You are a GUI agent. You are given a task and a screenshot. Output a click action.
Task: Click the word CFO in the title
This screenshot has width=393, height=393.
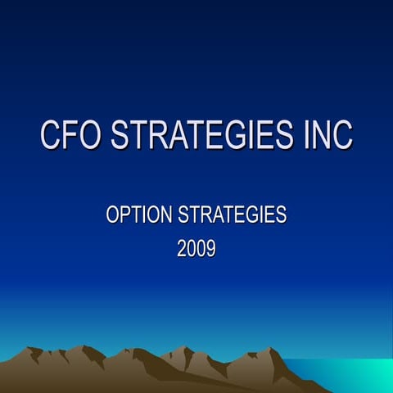(71, 136)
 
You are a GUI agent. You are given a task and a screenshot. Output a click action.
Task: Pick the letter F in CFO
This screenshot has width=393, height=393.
(71, 136)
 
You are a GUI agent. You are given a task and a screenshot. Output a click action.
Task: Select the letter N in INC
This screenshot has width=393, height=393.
(321, 136)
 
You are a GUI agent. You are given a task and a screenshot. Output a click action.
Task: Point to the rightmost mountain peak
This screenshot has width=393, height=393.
(271, 350)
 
